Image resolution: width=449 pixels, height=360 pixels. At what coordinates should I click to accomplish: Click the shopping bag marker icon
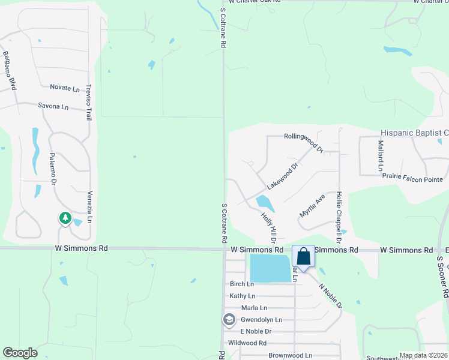(x=304, y=257)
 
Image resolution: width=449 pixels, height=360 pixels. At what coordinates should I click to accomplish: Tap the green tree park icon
(x=65, y=218)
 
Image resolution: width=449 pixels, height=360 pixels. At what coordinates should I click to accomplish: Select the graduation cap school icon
(x=229, y=320)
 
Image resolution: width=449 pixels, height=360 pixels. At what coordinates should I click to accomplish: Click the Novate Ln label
(x=65, y=88)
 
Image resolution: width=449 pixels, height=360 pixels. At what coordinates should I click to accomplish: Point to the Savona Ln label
(x=53, y=107)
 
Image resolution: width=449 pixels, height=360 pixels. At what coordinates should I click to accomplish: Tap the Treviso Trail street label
(x=89, y=102)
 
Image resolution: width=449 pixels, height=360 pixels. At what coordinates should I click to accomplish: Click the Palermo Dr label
(x=52, y=169)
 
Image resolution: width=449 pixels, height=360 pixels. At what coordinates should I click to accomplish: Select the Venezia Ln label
(x=89, y=208)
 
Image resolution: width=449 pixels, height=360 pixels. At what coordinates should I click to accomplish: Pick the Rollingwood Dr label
(x=304, y=142)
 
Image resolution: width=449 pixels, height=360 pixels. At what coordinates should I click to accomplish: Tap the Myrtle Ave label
(x=312, y=206)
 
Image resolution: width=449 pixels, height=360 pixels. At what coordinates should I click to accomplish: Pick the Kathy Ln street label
(x=243, y=296)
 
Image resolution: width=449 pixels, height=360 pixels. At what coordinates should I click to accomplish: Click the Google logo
(x=20, y=353)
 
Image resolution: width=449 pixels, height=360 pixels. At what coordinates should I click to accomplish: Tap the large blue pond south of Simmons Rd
(x=271, y=268)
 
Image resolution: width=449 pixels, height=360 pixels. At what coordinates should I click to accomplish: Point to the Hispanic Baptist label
(x=414, y=133)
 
